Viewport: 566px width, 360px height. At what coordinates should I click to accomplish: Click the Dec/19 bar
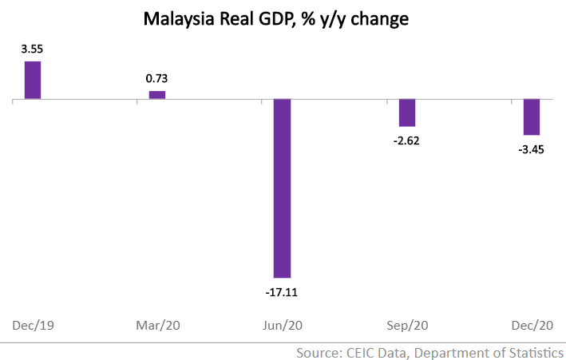point(32,80)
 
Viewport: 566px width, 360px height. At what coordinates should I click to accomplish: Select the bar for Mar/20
point(157,95)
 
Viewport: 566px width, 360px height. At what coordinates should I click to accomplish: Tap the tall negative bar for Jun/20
point(282,188)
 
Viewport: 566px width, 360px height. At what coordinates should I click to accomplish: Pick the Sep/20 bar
point(407,113)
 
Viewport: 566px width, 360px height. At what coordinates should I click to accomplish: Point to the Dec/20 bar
point(532,117)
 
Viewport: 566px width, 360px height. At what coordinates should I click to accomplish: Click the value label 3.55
point(32,49)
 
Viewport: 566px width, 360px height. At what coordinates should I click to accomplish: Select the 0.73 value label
point(156,79)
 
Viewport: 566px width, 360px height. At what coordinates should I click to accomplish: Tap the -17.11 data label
point(282,292)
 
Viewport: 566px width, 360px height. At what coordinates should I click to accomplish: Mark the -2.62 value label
point(406,141)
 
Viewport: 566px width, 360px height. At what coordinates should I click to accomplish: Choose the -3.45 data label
point(532,150)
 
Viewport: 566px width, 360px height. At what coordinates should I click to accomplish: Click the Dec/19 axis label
point(33,326)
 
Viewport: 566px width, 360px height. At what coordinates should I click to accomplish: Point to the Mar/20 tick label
point(157,326)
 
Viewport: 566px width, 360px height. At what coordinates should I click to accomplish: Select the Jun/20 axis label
point(282,326)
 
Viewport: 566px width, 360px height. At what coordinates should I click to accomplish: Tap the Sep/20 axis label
point(407,326)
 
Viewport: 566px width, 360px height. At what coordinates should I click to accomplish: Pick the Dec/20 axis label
point(532,326)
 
